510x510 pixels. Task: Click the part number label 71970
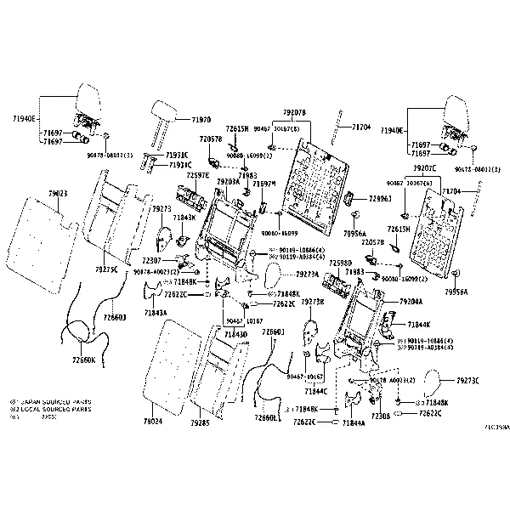tap(201, 121)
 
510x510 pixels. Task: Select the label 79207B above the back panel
tap(294, 112)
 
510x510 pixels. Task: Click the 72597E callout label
tap(197, 176)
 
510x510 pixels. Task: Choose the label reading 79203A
tap(228, 182)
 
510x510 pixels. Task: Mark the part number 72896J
tap(380, 198)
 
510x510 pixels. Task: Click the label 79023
tap(57, 194)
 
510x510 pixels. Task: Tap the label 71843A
tap(155, 313)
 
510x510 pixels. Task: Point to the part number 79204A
tap(411, 302)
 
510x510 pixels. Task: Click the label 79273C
tap(467, 381)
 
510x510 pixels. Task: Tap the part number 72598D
tap(340, 263)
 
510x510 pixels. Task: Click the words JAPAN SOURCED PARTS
tap(56, 400)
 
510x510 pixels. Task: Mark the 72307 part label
tap(152, 260)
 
